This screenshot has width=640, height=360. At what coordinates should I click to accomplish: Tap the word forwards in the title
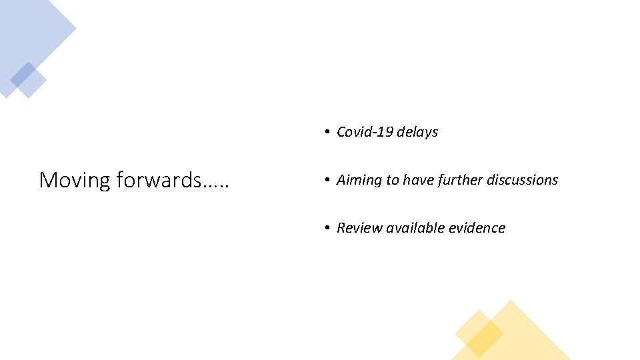(x=157, y=180)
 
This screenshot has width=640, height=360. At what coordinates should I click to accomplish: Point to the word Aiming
(x=359, y=180)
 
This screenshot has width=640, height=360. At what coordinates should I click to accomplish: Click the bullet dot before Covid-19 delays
(x=327, y=132)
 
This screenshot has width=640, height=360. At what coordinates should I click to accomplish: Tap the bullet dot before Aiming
(x=327, y=180)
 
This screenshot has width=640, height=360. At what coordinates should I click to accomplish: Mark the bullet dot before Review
(x=327, y=228)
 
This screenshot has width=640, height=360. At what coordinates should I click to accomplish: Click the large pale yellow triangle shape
(x=527, y=337)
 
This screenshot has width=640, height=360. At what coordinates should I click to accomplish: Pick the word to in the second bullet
(x=393, y=180)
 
